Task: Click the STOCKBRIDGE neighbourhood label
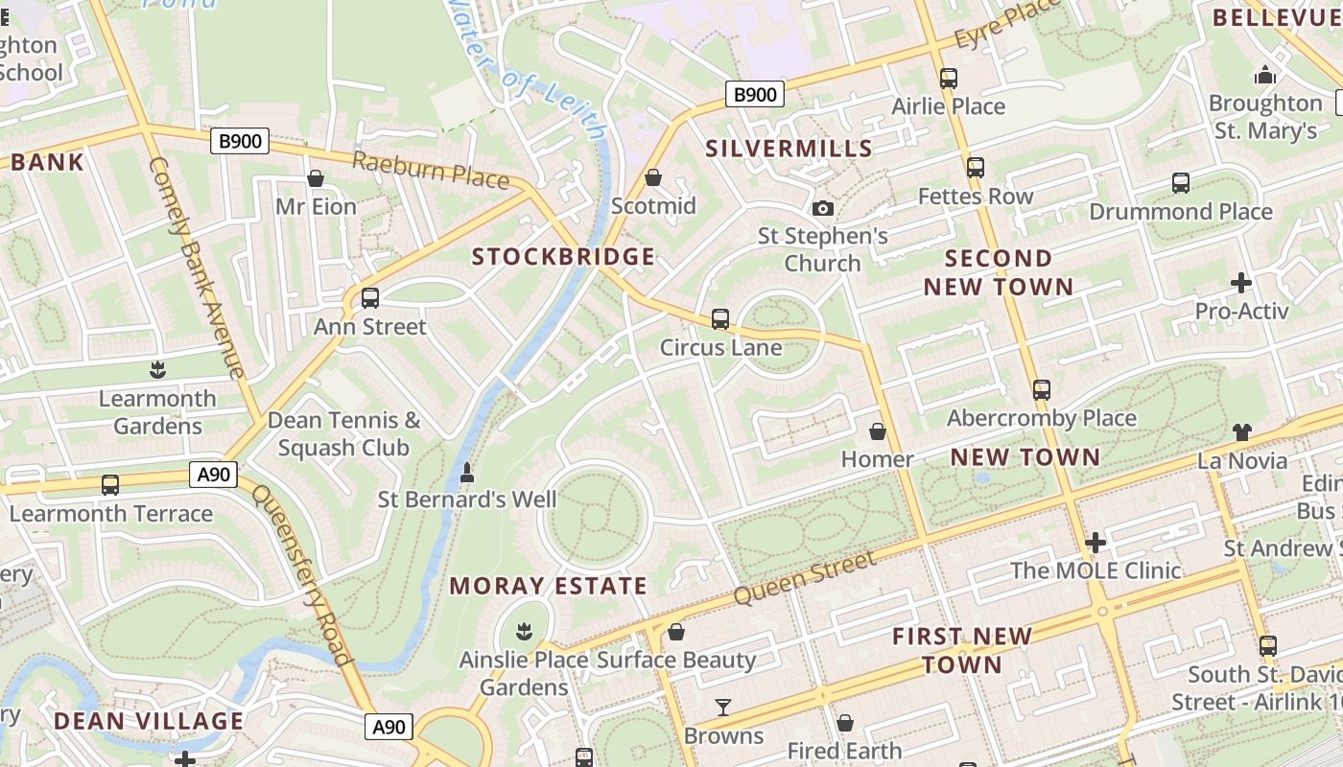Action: pos(563,257)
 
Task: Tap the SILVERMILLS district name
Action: pos(789,149)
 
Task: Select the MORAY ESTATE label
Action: pos(548,586)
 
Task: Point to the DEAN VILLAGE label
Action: pos(149,721)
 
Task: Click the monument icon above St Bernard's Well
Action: pos(467,472)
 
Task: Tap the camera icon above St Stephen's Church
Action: pos(822,208)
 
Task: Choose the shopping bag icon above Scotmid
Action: pos(653,177)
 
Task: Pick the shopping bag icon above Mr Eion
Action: pos(316,178)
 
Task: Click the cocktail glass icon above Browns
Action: pos(723,708)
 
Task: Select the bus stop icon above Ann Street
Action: pos(370,298)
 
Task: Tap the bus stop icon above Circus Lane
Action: pos(720,319)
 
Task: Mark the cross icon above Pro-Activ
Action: pos(1241,283)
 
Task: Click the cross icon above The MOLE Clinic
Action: pos(1095,543)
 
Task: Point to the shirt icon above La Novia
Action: pos(1242,432)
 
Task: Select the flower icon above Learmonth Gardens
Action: pos(157,370)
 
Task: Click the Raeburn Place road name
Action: pos(430,171)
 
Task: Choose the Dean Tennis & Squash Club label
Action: pos(343,434)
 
